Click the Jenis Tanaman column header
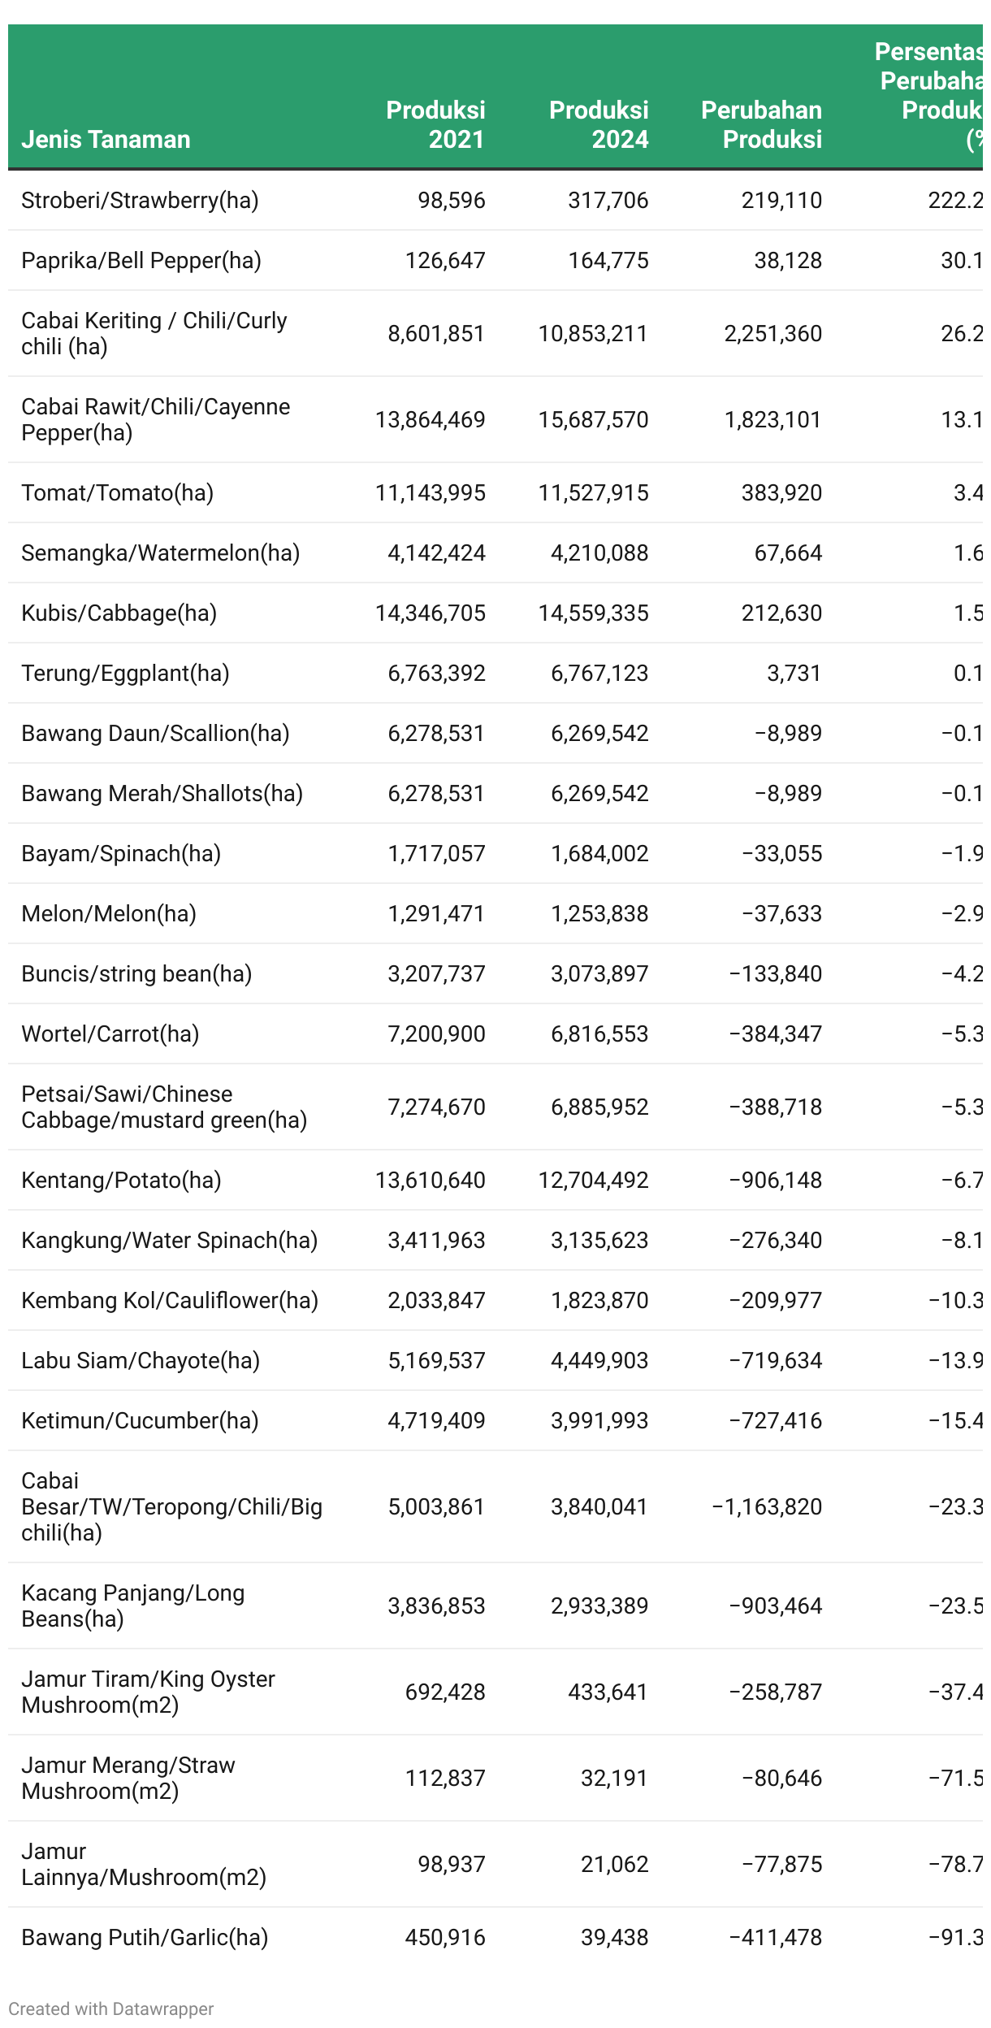[106, 139]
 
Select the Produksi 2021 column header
[435, 124]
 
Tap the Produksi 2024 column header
[599, 124]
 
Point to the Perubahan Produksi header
[762, 124]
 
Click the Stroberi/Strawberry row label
[140, 200]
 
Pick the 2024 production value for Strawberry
[608, 200]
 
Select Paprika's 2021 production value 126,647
[445, 260]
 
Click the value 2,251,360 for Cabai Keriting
[772, 333]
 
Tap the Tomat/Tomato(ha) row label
[117, 492]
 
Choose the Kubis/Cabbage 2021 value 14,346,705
[430, 613]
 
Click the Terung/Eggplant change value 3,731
[794, 673]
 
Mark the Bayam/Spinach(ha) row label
[121, 853]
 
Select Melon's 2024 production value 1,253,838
[599, 913]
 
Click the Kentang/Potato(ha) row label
[121, 1180]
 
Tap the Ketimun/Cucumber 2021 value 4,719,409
[436, 1420]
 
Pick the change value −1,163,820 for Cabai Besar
[767, 1506]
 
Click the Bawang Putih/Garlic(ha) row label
[145, 1937]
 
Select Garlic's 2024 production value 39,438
[614, 1937]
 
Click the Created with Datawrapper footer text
[110, 2008]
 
